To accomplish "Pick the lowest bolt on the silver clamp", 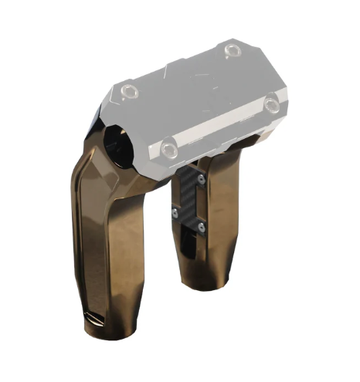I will coord(170,144).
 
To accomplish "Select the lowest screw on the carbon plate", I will coord(199,227).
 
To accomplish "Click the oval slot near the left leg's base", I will coord(90,318).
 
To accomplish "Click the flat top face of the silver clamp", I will coord(201,85).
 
